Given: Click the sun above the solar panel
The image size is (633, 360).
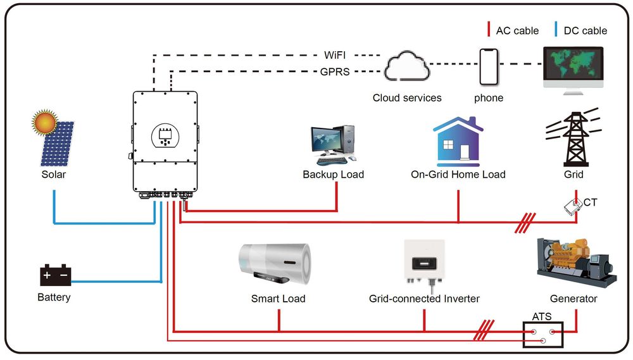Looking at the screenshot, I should click(46, 121).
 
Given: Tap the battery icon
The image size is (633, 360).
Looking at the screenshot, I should click(56, 276).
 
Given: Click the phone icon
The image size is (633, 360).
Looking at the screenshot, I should click(489, 66).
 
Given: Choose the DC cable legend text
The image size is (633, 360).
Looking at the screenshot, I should click(585, 30).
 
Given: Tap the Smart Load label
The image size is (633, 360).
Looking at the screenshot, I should click(278, 299).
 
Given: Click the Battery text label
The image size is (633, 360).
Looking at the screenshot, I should click(54, 297).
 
